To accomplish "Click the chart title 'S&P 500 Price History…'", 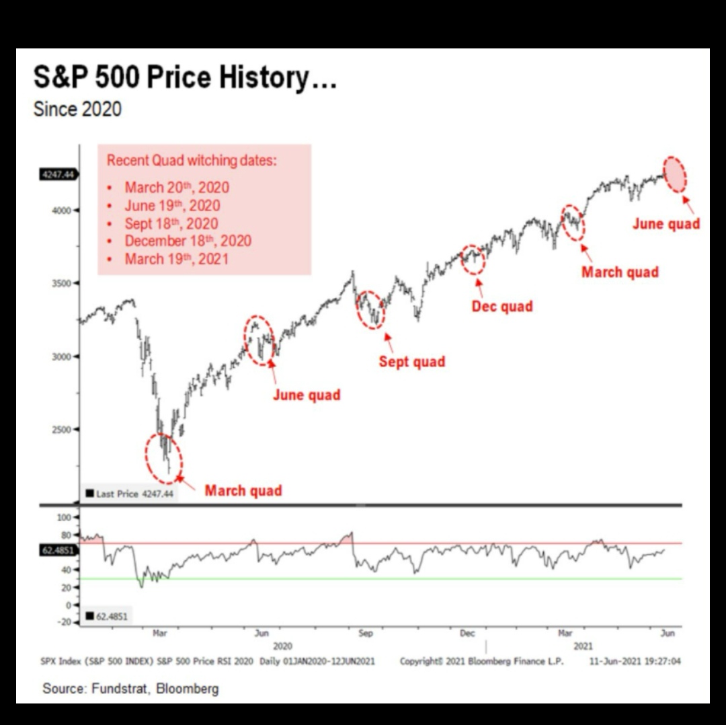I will click(x=185, y=78).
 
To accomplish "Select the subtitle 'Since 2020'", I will click(x=77, y=109).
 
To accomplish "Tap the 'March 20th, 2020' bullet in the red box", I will click(x=176, y=187).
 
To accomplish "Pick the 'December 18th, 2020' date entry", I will click(x=188, y=241).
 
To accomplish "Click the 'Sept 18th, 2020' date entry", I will click(x=171, y=223).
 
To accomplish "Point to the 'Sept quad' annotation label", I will click(x=411, y=362).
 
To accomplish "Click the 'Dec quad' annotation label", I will click(x=502, y=307).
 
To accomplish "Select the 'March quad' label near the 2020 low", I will click(x=243, y=490).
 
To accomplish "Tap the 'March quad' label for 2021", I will click(x=620, y=272).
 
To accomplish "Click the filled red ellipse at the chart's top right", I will click(x=675, y=174).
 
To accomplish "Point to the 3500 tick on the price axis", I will click(x=61, y=283).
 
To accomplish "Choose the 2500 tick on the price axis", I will click(x=61, y=429).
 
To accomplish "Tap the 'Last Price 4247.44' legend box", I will click(x=129, y=494).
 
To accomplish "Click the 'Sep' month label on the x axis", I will click(x=366, y=633).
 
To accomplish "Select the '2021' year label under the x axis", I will click(x=583, y=646).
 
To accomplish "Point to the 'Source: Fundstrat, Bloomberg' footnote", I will click(x=130, y=688).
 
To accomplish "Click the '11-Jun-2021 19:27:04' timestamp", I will click(x=635, y=661).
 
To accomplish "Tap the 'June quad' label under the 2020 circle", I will click(x=307, y=395).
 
